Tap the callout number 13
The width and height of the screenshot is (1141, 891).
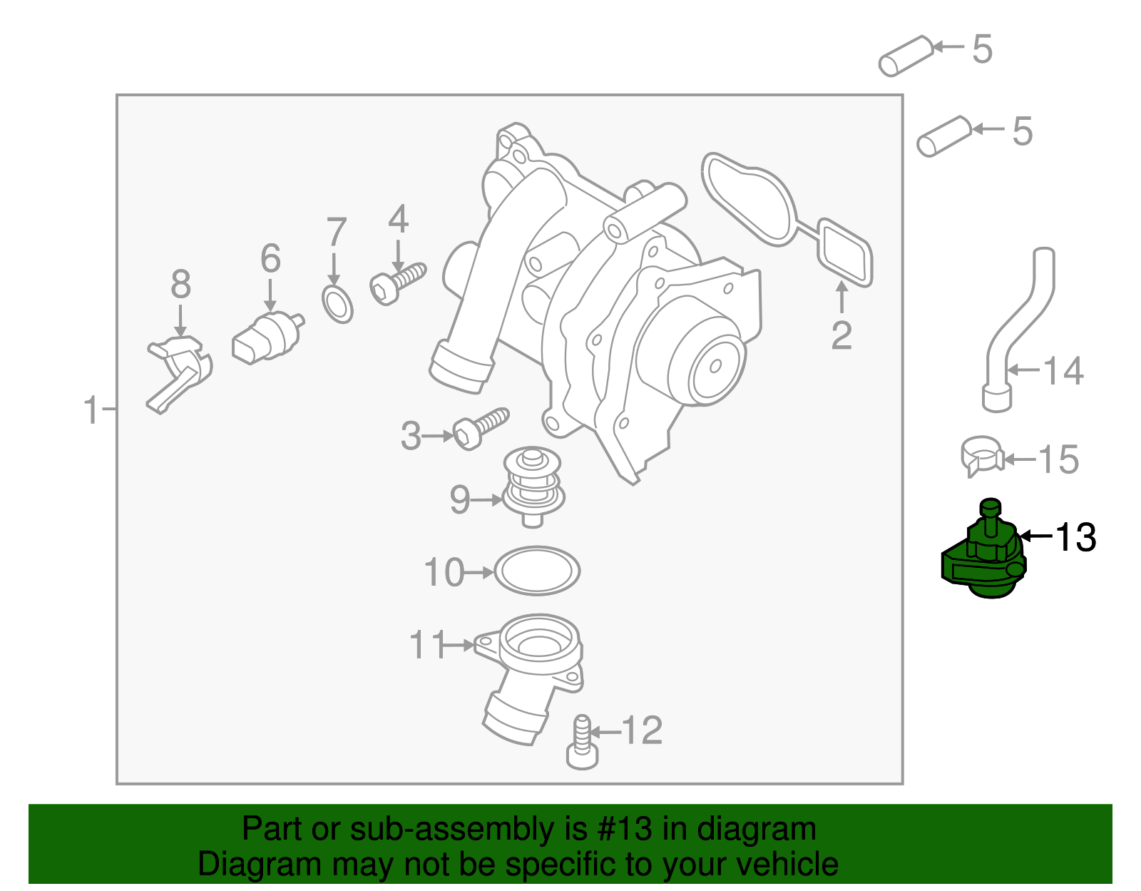point(1075,537)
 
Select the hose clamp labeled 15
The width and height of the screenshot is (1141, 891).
point(982,457)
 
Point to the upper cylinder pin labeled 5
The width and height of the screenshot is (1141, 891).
point(906,55)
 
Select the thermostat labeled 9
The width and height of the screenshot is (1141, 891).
point(533,487)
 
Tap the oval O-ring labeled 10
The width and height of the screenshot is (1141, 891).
point(536,570)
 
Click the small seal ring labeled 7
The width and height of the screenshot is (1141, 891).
point(337,305)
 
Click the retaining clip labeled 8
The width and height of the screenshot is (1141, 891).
point(179,375)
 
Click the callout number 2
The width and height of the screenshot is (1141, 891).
point(841,336)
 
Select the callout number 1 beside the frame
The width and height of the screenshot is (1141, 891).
point(91,411)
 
